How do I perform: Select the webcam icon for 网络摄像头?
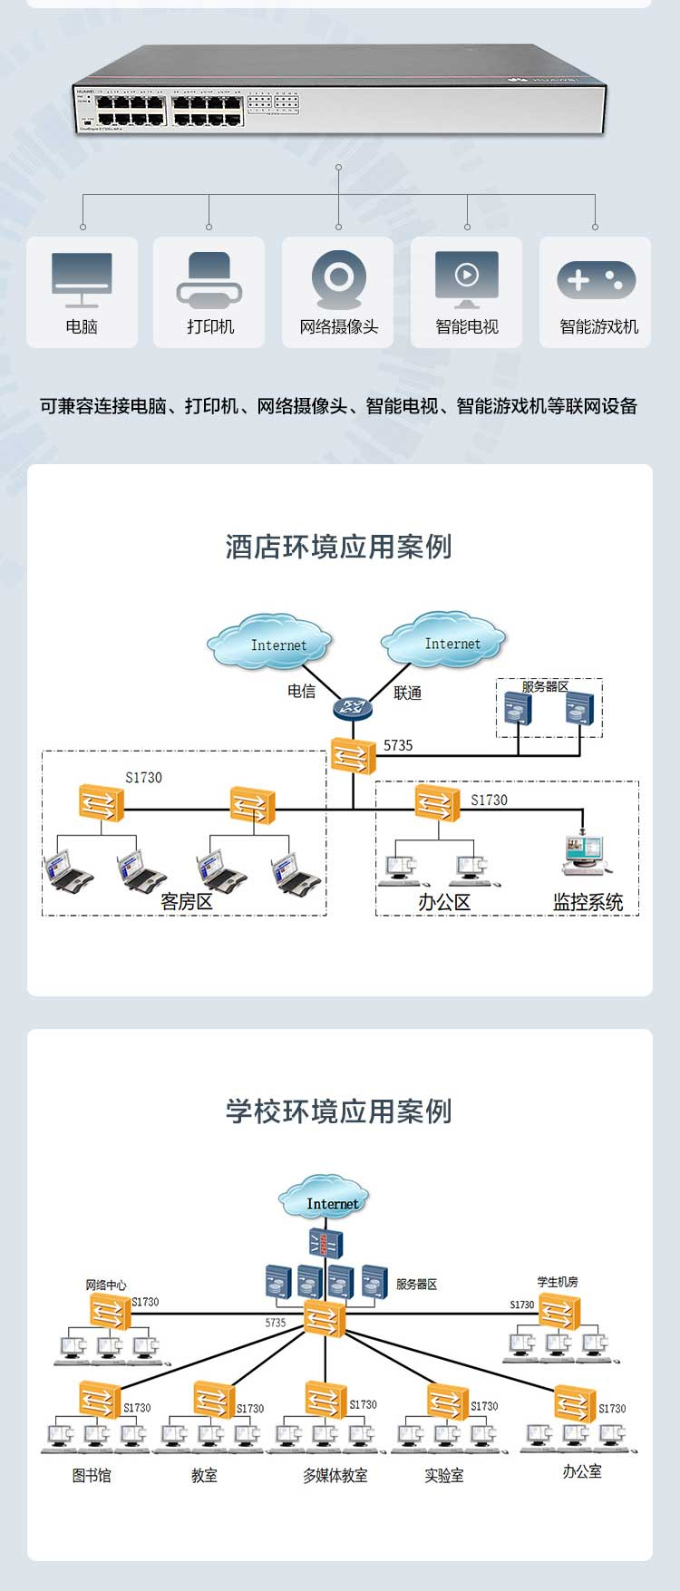tap(338, 279)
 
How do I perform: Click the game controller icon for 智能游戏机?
tap(596, 280)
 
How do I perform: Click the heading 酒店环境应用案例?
tap(339, 547)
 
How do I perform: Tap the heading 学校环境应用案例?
tap(339, 1111)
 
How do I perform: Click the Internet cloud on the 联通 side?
tap(443, 640)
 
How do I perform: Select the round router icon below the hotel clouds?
tap(353, 708)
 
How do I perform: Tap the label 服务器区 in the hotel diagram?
tap(544, 686)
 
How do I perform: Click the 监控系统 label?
tap(588, 902)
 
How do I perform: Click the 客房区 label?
tap(187, 902)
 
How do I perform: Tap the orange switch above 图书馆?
tap(99, 1400)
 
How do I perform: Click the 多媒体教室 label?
tap(335, 1476)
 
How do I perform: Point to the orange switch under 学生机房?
tap(559, 1312)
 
